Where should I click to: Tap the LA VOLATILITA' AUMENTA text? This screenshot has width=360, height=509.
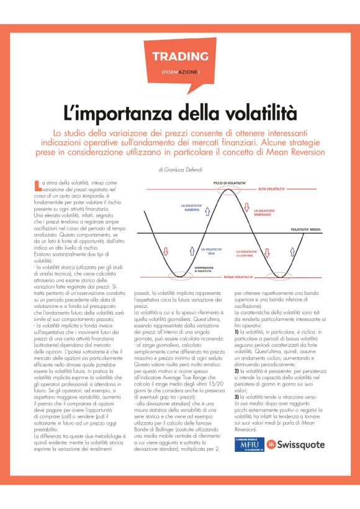[191, 208]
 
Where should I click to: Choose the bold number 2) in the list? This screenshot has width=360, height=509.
[236, 370]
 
